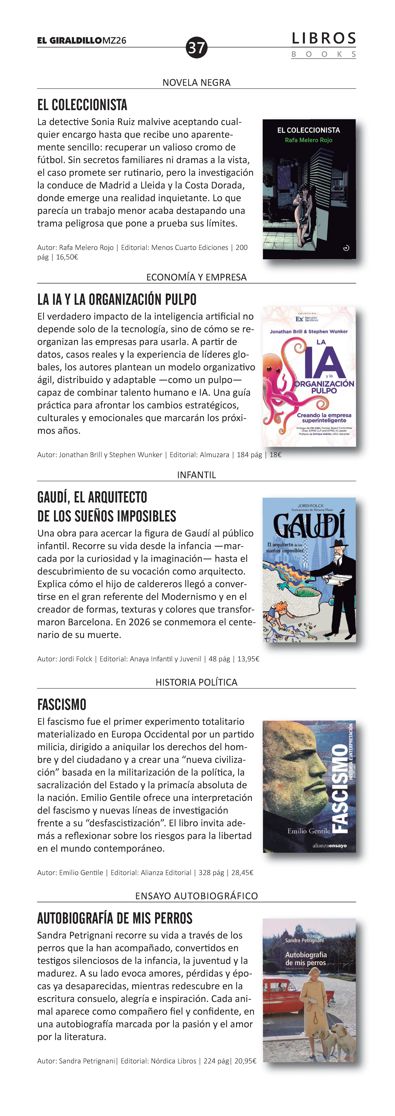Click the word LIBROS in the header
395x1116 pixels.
pyautogui.click(x=323, y=39)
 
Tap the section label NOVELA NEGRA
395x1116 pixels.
pyautogui.click(x=196, y=82)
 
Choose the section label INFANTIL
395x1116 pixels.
pyautogui.click(x=196, y=475)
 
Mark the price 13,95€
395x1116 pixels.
pyautogui.click(x=249, y=659)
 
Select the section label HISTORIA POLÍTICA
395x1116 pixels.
pyautogui.click(x=196, y=682)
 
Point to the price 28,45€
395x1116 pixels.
pyautogui.click(x=242, y=873)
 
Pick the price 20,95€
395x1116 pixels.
pyautogui.click(x=245, y=1061)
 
